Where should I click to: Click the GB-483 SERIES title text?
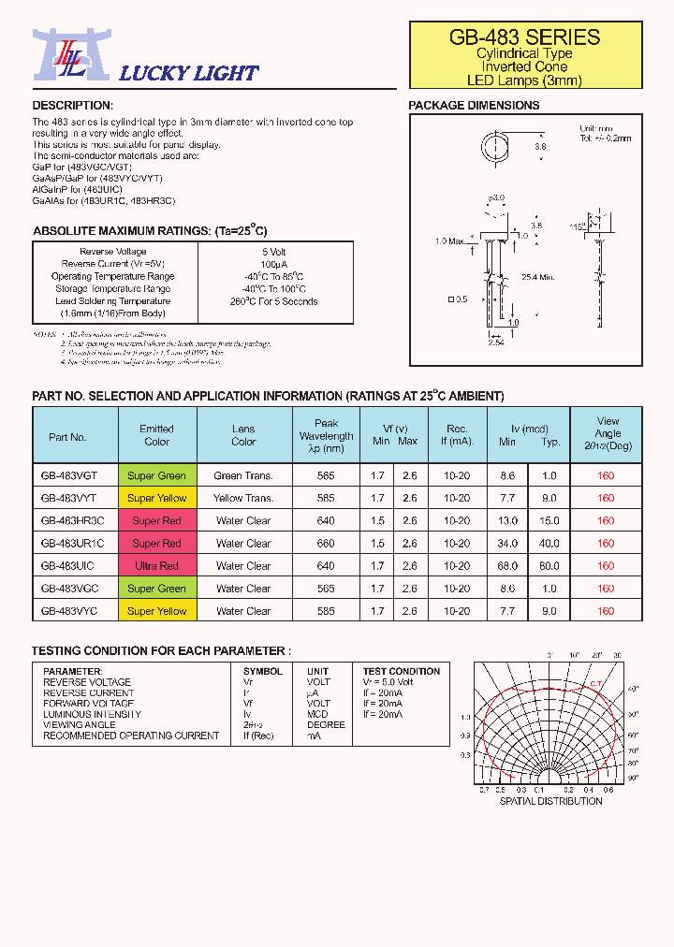(524, 37)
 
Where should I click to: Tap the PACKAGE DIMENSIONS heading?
(474, 106)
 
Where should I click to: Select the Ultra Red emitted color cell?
(156, 566)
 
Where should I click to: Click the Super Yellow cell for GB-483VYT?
(156, 498)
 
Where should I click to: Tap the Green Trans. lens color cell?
(243, 475)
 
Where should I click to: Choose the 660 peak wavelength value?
(326, 544)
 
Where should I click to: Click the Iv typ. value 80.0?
(549, 566)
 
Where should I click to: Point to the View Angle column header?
(608, 433)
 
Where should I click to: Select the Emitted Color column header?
(156, 435)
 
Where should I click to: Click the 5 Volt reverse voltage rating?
(274, 252)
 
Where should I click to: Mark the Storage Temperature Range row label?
(112, 289)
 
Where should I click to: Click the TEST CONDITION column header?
(401, 671)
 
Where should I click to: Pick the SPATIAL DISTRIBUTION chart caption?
(550, 801)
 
